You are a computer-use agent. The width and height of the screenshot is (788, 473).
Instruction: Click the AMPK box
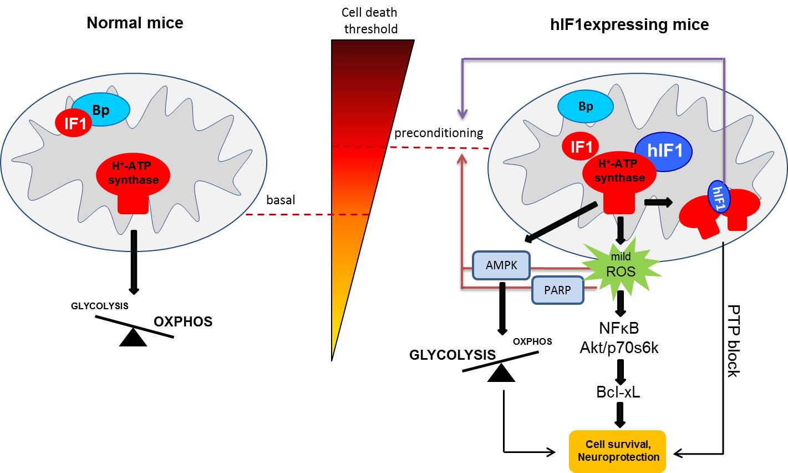click(x=501, y=265)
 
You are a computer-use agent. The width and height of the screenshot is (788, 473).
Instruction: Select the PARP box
click(x=557, y=290)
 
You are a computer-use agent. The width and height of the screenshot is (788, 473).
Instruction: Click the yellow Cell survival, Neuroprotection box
click(x=618, y=451)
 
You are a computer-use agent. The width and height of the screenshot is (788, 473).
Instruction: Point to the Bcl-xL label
click(x=618, y=391)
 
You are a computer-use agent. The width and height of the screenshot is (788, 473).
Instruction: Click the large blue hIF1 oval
click(x=663, y=151)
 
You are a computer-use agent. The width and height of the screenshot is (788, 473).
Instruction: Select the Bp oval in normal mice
click(x=101, y=110)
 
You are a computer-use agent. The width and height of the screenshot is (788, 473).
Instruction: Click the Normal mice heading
click(x=135, y=23)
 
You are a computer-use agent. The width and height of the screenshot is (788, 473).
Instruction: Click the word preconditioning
click(x=439, y=133)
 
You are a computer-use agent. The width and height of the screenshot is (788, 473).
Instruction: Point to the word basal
click(x=281, y=200)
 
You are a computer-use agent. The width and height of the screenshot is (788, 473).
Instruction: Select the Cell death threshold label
click(x=370, y=21)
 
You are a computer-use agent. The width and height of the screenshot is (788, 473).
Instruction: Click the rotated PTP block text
click(x=733, y=341)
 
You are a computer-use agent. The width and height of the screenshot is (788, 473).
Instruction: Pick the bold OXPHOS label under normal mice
click(x=183, y=321)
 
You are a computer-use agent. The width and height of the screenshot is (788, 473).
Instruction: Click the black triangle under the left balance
click(x=133, y=338)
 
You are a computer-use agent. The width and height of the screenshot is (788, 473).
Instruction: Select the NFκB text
click(x=619, y=328)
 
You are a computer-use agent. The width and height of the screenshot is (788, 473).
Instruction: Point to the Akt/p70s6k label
click(x=619, y=348)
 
